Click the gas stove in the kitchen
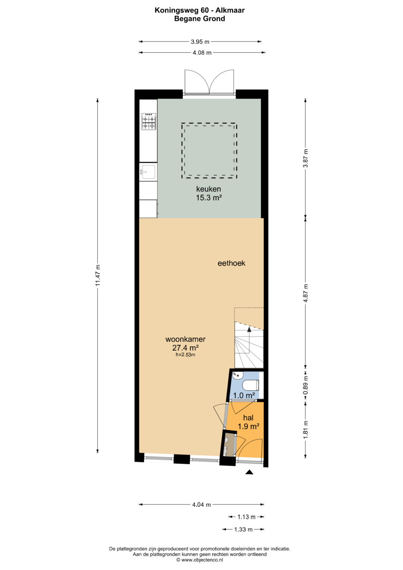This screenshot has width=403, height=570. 149,122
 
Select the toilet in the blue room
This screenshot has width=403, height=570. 251,385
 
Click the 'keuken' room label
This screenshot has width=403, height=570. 208,189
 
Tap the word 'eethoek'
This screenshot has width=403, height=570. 231,263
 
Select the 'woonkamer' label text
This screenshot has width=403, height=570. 185,339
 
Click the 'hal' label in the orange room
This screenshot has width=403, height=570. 248,418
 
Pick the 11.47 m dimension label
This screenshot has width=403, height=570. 98,275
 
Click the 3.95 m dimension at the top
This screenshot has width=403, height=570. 200,42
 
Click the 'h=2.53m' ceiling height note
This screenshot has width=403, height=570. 185,355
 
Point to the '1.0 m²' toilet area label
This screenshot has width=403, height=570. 244,395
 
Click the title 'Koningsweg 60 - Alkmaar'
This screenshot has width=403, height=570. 200,10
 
